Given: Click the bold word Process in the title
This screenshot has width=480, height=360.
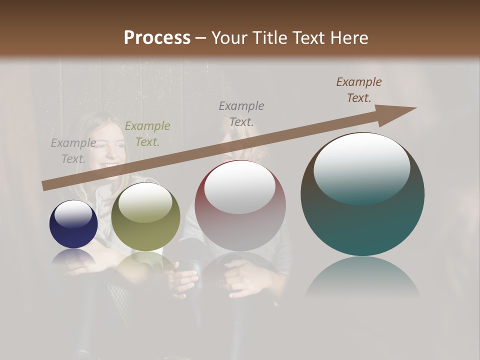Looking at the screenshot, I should (157, 38).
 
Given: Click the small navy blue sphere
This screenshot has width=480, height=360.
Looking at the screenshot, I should (73, 224).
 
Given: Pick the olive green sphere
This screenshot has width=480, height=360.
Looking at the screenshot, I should (145, 217).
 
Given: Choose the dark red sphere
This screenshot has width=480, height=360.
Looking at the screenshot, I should (240, 206).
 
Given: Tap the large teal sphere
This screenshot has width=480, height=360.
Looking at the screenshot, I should (362, 195).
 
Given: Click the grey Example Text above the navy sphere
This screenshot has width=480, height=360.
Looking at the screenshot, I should (73, 151).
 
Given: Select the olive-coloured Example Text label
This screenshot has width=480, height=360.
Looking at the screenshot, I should (147, 134).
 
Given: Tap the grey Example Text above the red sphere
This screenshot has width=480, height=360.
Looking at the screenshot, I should (241, 113).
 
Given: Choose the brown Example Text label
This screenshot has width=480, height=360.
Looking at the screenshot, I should (359, 90).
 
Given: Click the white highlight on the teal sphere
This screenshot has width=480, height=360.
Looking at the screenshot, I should (361, 168).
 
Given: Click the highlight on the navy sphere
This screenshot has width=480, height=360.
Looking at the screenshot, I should (73, 214).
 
